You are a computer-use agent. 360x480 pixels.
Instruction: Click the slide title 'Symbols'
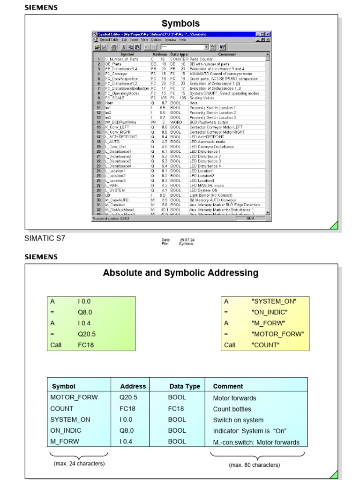(x=180, y=23)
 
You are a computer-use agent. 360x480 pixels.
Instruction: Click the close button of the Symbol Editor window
(x=268, y=35)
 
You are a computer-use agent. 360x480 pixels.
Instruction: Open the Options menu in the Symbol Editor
(x=156, y=40)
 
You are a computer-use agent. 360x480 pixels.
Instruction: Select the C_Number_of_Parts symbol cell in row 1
(x=120, y=60)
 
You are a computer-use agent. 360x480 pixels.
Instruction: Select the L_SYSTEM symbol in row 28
(x=115, y=190)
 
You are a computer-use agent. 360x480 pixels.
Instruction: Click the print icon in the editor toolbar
(x=113, y=47)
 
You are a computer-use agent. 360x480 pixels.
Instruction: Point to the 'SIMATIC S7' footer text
(x=45, y=239)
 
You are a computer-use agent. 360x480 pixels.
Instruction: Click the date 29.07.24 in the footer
(x=187, y=240)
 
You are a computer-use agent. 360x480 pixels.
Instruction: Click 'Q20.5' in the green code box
(x=87, y=334)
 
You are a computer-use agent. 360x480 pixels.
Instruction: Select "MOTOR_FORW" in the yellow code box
(x=277, y=334)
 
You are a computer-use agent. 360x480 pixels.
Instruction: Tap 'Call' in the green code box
(x=56, y=345)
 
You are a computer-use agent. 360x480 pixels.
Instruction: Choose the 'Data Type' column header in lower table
(x=185, y=386)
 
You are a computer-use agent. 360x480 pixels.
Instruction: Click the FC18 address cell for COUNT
(x=127, y=408)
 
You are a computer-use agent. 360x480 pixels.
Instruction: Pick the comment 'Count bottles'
(x=232, y=409)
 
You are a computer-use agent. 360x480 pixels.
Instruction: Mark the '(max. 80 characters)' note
(x=254, y=465)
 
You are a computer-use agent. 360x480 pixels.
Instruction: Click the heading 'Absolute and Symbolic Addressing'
(x=180, y=273)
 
